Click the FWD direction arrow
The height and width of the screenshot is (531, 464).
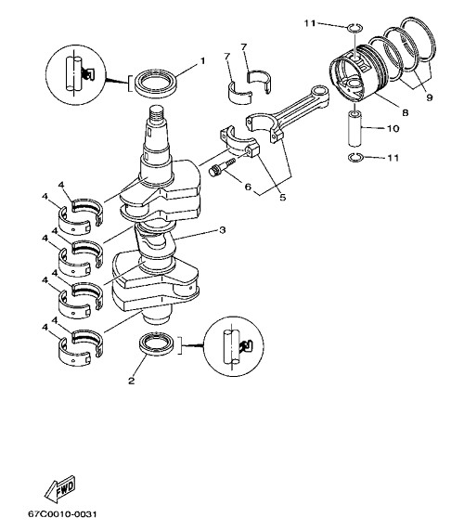pos(60,489)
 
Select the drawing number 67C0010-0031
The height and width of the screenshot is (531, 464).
pos(62,514)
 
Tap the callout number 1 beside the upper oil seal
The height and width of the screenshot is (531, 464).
pos(202,61)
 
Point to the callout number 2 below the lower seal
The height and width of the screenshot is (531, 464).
pos(132,381)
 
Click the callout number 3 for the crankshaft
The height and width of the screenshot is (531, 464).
pos(223,230)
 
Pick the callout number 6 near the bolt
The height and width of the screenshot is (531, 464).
pos(248,187)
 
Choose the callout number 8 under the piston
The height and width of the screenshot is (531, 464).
pos(406,112)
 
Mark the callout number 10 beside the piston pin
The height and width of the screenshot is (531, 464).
pos(393,128)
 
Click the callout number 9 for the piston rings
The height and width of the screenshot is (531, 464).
pos(430,97)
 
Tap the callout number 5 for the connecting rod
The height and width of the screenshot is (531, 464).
pos(283,197)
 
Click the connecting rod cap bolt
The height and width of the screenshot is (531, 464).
pos(222,166)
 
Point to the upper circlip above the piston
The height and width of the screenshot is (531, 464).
pos(355,28)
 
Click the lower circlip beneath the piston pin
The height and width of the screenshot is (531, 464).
pos(355,157)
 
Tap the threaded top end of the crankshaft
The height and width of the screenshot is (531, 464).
pos(157,114)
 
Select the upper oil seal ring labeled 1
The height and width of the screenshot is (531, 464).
pos(156,84)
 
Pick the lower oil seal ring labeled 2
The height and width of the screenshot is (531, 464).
pos(158,344)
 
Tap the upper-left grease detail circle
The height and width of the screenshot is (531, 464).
pos(75,75)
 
